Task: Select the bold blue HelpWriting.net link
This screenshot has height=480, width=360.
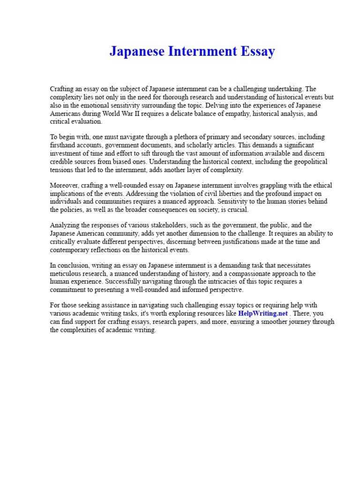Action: coord(262,313)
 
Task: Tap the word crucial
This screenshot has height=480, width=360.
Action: coord(238,210)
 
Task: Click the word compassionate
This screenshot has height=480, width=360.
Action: coord(255,274)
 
